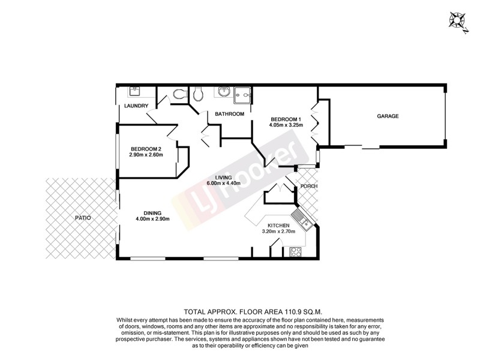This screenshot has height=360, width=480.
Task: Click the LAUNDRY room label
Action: tap(136, 106)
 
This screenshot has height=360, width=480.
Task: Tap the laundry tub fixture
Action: tap(134, 92)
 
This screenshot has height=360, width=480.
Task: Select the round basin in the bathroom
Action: tap(224, 92)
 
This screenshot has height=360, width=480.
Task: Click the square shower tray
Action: tap(243, 94)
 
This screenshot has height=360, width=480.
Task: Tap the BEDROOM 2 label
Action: tap(146, 149)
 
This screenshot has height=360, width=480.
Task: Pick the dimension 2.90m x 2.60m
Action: tap(146, 155)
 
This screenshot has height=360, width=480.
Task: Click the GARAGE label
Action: tap(388, 116)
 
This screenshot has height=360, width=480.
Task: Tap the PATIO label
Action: tap(82, 217)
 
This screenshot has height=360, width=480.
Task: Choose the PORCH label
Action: tap(309, 186)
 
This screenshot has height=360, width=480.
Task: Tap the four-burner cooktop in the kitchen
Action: tap(295, 253)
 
